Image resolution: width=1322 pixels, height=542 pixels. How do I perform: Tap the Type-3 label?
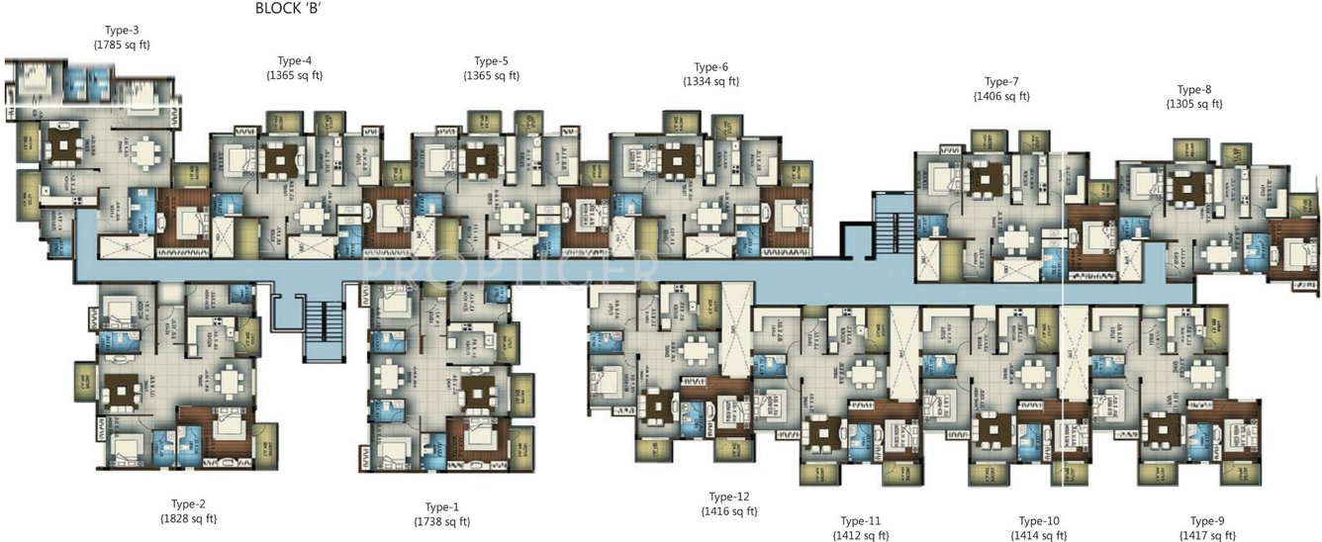click(x=121, y=30)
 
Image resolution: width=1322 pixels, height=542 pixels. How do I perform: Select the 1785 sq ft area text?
click(x=121, y=45)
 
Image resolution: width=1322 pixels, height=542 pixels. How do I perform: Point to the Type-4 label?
click(x=294, y=60)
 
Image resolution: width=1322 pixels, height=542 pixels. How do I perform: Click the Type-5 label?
click(x=491, y=60)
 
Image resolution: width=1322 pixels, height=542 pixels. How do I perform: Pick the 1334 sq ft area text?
click(x=710, y=82)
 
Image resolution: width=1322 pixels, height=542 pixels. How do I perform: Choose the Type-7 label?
click(x=1001, y=81)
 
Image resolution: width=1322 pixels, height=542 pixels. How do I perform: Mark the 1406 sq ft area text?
click(x=1001, y=96)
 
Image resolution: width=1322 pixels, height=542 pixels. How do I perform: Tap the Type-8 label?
click(x=1194, y=89)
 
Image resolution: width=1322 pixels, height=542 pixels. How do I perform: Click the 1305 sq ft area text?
click(x=1194, y=104)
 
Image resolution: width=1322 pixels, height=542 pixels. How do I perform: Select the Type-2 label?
click(x=188, y=503)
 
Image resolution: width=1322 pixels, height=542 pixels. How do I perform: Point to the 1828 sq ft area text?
click(x=188, y=518)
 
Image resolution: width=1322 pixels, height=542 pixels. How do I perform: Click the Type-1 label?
click(x=442, y=506)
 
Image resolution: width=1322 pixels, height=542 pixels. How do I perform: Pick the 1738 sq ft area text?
click(x=442, y=521)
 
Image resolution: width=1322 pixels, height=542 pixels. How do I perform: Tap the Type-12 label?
click(x=728, y=497)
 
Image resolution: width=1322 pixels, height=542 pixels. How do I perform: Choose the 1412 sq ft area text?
click(x=860, y=535)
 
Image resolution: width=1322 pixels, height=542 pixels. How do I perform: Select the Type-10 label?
click(x=1038, y=520)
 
